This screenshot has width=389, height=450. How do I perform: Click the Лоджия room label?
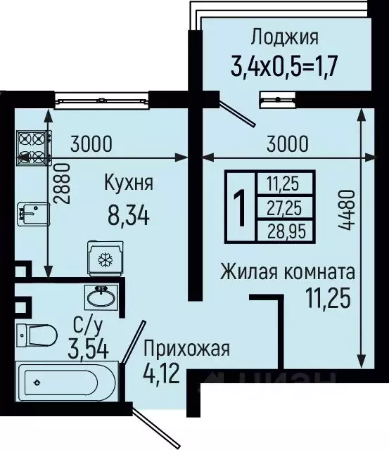click(284, 37)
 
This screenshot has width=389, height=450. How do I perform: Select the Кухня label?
click(129, 184)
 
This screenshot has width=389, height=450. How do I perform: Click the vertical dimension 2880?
click(61, 184)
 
